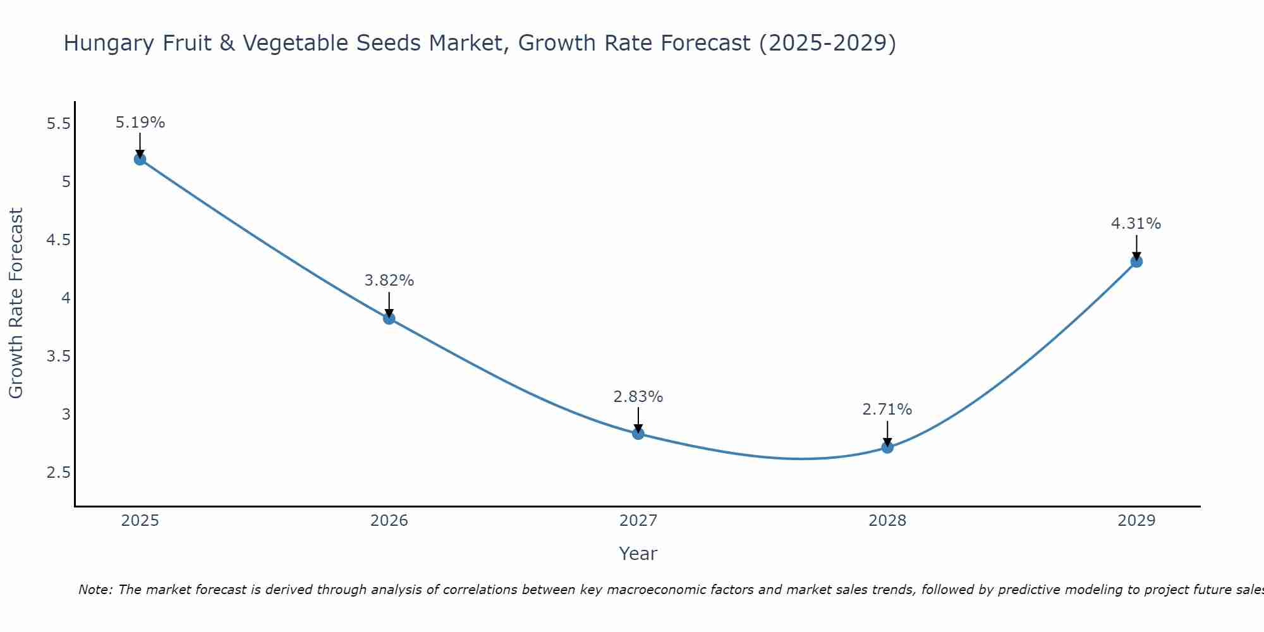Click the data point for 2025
(x=140, y=159)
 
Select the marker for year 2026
(x=389, y=319)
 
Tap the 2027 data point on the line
(x=638, y=434)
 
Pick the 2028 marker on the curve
(x=887, y=447)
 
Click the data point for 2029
(x=1136, y=262)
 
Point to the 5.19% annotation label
(x=140, y=123)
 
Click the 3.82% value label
(x=389, y=281)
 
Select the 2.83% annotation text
(x=638, y=397)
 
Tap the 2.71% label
(x=887, y=410)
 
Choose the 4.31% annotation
(x=1136, y=224)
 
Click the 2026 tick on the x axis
(x=389, y=521)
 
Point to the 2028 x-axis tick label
(x=887, y=521)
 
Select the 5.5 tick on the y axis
(x=59, y=124)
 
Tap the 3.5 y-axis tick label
(x=59, y=356)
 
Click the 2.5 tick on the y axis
(x=59, y=473)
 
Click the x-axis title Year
(x=638, y=554)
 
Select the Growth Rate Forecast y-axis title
(x=16, y=303)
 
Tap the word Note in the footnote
(x=95, y=590)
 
